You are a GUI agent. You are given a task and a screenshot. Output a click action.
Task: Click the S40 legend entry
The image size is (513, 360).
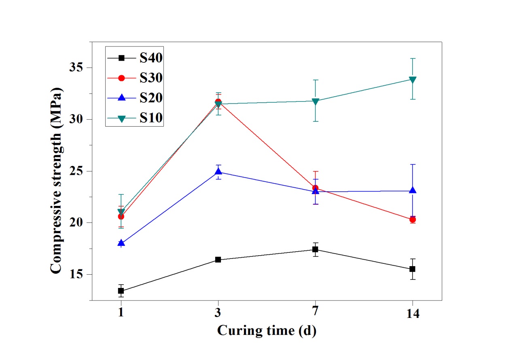click(x=135, y=58)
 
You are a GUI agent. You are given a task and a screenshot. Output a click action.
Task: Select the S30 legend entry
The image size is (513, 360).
click(x=135, y=78)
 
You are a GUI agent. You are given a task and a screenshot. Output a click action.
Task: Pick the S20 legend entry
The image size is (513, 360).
click(x=135, y=97)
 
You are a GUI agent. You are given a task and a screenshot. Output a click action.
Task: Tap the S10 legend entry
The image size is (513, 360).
click(x=135, y=118)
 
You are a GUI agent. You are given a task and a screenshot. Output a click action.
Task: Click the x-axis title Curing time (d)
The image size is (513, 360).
click(x=267, y=330)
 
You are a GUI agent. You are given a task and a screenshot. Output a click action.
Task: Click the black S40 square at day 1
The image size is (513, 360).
click(x=121, y=291)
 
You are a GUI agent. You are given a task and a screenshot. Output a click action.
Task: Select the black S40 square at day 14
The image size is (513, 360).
click(x=412, y=269)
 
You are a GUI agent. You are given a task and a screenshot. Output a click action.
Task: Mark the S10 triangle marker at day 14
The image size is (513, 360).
click(x=412, y=80)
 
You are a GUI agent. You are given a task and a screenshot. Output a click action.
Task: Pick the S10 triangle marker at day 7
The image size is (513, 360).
click(x=315, y=101)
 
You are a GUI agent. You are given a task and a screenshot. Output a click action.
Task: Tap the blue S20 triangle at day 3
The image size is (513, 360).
click(x=218, y=172)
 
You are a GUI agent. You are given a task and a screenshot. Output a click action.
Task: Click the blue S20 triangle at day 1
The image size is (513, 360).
click(x=121, y=243)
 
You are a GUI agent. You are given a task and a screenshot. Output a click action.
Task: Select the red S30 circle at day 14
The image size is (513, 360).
click(x=412, y=220)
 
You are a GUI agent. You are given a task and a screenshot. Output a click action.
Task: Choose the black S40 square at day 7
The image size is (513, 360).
click(x=315, y=250)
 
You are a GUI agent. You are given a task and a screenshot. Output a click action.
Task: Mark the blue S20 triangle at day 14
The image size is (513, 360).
click(x=412, y=190)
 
